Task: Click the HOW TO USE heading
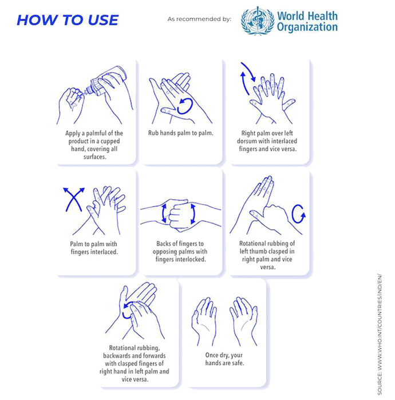pyautogui.click(x=68, y=20)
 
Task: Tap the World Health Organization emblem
pyautogui.click(x=257, y=21)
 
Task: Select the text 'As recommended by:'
pyautogui.click(x=199, y=19)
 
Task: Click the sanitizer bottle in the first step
pyautogui.click(x=107, y=81)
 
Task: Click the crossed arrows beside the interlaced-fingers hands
pyautogui.click(x=74, y=199)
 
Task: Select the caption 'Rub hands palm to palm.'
pyautogui.click(x=181, y=133)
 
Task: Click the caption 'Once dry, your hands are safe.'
pyautogui.click(x=224, y=359)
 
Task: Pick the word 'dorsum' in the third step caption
pyautogui.click(x=247, y=141)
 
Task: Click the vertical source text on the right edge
pyautogui.click(x=380, y=334)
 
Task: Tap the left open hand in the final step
pyautogui.click(x=204, y=319)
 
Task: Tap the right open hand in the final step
pyautogui.click(x=244, y=319)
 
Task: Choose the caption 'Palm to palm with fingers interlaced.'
pyautogui.click(x=94, y=248)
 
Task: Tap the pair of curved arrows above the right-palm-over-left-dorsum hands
pyautogui.click(x=248, y=78)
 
